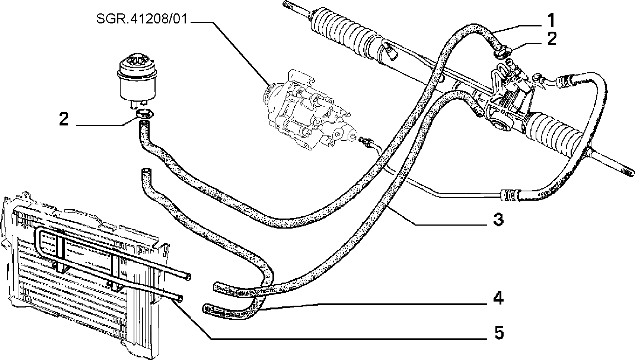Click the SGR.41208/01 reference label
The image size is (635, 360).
tap(142, 19)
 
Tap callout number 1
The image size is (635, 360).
tap(551, 21)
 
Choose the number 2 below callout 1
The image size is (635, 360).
tap(552, 39)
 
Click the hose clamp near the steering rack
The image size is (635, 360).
tap(502, 52)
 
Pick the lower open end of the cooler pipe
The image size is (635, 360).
tap(179, 298)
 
